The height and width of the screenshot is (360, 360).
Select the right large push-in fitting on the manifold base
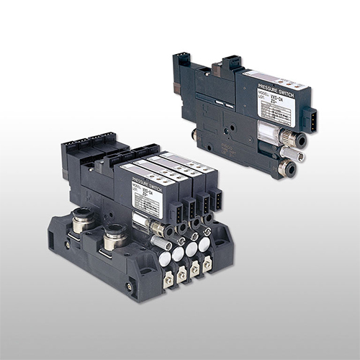[113, 238]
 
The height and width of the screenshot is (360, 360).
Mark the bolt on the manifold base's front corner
[130, 286]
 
